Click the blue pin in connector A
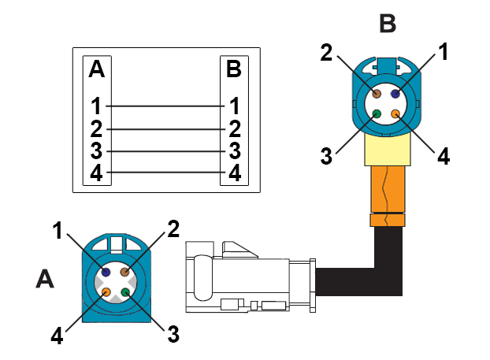pos(105,271)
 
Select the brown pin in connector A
pos(124,272)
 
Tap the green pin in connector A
pos(124,292)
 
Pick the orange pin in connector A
pos(105,292)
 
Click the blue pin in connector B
pos(395,93)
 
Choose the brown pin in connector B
pos(376,93)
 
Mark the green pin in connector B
pos(376,114)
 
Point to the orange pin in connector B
pos(395,114)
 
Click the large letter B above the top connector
pos(388,22)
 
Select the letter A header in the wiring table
pos(96,69)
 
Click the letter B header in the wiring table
pos(233,69)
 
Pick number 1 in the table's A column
pos(96,105)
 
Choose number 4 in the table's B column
pos(233,172)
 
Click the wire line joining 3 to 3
pos(165,150)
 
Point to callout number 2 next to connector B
pos(327,54)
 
